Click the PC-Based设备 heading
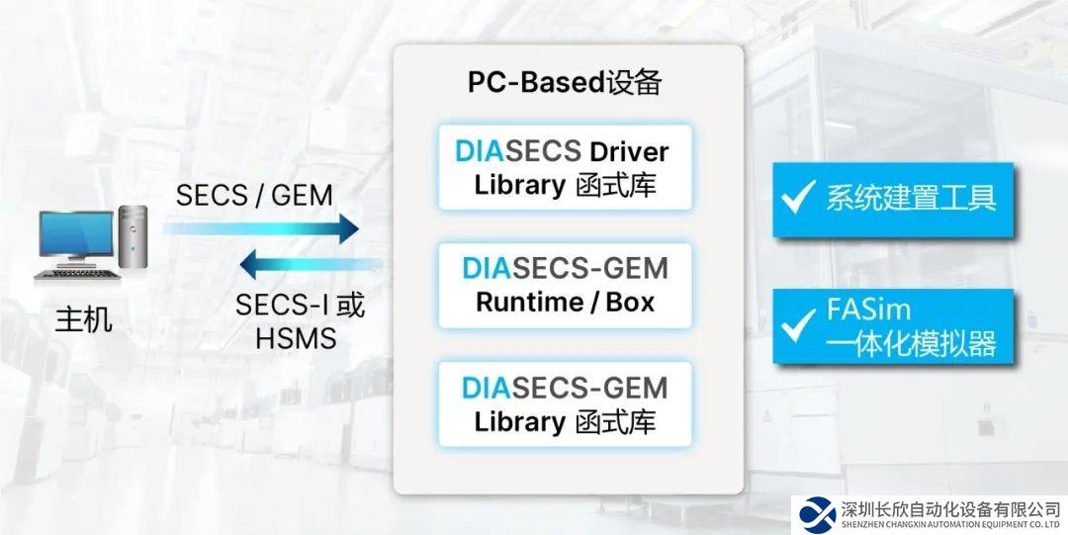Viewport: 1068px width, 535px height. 564,83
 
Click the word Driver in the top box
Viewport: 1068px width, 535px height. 629,151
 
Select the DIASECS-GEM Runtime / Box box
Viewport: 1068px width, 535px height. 565,285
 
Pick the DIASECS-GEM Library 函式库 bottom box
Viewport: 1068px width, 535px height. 565,403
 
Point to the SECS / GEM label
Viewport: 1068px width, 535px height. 254,195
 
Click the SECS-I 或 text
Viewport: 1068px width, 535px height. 300,306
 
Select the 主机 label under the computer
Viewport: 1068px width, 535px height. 83,320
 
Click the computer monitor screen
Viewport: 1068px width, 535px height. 75,236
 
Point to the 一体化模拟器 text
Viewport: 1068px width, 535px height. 910,343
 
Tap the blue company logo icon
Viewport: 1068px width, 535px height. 818,512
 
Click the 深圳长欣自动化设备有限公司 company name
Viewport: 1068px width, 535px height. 949,508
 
